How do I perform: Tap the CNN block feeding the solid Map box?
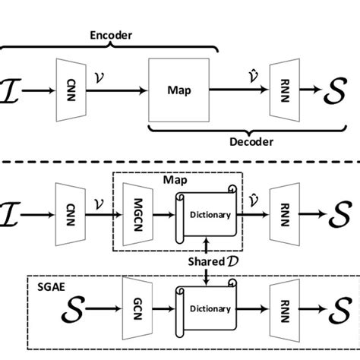pos(64,90)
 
